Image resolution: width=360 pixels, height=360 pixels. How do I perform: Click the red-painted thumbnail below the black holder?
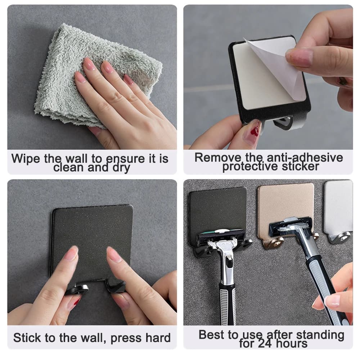[255, 130]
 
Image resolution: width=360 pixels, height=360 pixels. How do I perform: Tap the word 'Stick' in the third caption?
[27, 338]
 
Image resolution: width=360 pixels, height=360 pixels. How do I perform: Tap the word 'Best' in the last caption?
[213, 334]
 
